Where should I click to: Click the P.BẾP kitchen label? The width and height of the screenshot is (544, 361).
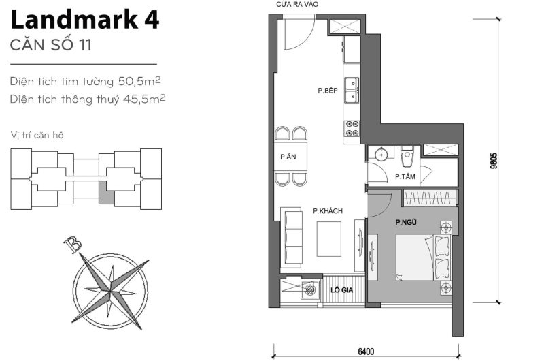click(327, 91)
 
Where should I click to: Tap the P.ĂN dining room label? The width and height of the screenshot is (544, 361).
click(287, 157)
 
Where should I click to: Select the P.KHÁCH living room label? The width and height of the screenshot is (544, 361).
click(327, 212)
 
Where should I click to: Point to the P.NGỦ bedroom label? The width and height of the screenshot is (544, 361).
click(407, 222)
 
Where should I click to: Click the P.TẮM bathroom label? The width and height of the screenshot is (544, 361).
click(406, 177)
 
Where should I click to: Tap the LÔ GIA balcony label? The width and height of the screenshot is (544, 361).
click(341, 289)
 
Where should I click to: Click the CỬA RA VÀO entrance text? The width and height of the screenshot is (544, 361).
click(297, 5)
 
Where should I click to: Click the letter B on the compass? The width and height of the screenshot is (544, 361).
click(68, 242)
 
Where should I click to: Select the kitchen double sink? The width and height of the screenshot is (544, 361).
click(352, 90)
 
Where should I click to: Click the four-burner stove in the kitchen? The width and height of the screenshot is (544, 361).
click(352, 127)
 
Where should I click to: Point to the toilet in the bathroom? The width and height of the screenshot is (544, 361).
click(408, 157)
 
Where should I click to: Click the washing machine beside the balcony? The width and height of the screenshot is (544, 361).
click(311, 289)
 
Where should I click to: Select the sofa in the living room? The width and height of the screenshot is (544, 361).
click(292, 230)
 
